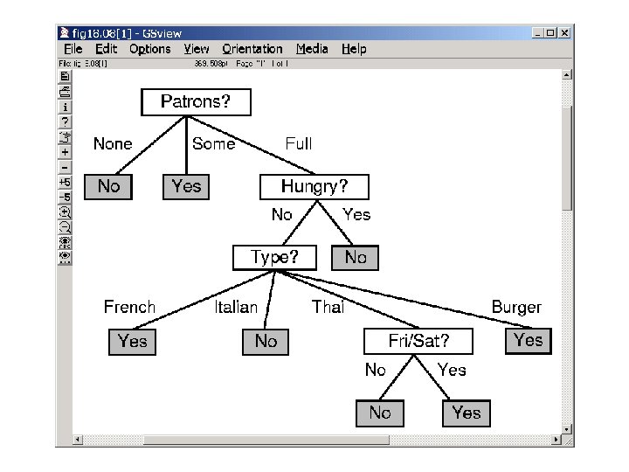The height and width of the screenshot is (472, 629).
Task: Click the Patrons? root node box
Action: [x=196, y=102]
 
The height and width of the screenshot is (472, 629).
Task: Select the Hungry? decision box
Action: [x=314, y=187]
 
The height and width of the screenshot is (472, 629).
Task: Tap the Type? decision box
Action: [x=274, y=258]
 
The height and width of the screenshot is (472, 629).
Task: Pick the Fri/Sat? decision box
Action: [x=418, y=341]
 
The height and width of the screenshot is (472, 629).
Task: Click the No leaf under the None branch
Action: [x=108, y=186]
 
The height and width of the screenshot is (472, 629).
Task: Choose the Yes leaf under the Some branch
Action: [x=186, y=186]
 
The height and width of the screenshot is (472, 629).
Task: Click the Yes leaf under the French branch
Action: [x=132, y=341]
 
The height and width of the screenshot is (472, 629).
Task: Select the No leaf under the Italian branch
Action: [x=266, y=341]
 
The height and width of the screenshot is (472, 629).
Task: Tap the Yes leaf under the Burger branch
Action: [x=529, y=340]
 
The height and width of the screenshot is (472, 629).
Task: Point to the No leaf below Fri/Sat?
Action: [x=380, y=413]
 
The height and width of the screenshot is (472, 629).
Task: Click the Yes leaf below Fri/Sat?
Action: [x=467, y=413]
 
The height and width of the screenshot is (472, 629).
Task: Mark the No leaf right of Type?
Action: [x=356, y=258]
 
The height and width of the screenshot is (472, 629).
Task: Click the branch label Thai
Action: [x=328, y=307]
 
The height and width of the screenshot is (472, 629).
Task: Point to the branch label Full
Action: [x=299, y=144]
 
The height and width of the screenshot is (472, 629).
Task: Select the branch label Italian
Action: [x=236, y=307]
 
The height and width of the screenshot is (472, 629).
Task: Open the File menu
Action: [x=73, y=49]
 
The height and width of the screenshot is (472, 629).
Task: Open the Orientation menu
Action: [x=252, y=49]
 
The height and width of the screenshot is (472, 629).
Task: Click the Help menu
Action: [x=354, y=49]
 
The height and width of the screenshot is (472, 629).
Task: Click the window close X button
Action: [x=564, y=33]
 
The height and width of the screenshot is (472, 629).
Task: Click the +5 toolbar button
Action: [x=65, y=182]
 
